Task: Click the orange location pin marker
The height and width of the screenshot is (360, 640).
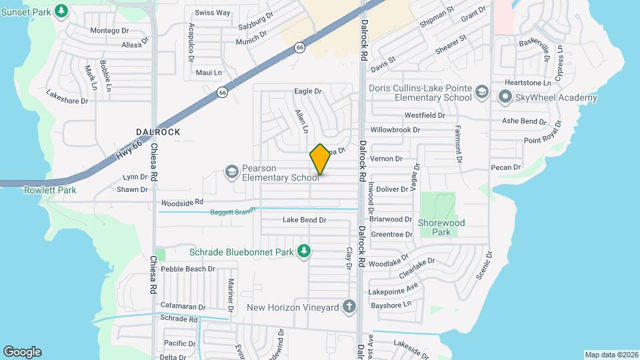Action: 320,159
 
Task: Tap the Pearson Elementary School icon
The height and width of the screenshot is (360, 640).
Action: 231,172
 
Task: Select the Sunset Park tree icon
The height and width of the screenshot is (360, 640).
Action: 61,11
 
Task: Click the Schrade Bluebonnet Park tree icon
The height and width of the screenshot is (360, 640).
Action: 304,251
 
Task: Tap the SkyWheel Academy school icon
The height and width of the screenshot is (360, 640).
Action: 504,98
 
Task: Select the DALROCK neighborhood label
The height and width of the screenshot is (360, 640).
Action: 158,132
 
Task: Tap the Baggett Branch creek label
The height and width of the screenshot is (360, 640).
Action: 233,211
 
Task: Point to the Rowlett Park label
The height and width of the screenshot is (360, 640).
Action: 50,190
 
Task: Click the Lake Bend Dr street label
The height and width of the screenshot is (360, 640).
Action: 304,219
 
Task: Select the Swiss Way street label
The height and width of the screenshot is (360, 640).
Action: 212,13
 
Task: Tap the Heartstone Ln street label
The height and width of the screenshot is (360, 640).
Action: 528,83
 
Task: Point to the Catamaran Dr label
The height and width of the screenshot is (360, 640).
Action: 182,306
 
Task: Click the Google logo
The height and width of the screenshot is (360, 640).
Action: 22,351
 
